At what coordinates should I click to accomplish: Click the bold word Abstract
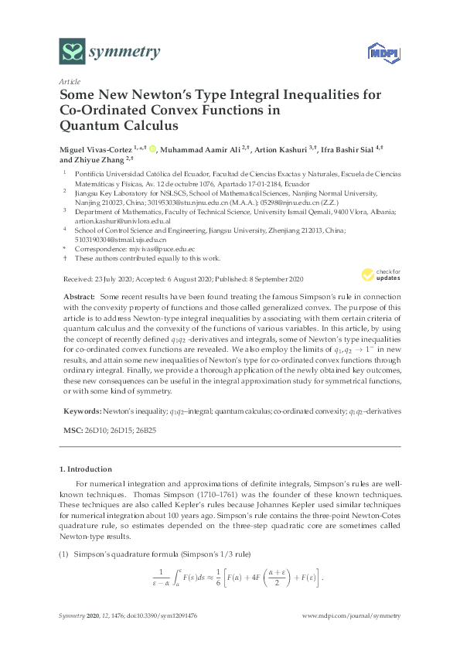click(78, 297)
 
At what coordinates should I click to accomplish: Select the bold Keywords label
click(80, 411)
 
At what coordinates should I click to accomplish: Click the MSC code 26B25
click(141, 428)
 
